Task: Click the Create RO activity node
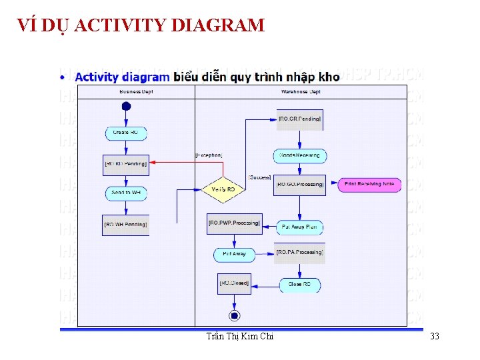point(125,133)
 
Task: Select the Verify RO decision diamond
point(223,190)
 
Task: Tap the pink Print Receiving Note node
point(369,184)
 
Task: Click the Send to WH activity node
point(126,193)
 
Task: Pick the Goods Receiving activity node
point(300,155)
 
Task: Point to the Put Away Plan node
point(299,227)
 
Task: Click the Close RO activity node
point(299,285)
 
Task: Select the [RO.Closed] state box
point(234,284)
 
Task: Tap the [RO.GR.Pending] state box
point(300,119)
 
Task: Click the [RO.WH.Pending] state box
point(126,225)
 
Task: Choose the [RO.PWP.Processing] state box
point(234,223)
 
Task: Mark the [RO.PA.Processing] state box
point(300,253)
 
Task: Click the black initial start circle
point(126,107)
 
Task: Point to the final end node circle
point(234,315)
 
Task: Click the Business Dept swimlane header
point(136,91)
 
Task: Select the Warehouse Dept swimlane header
point(301,91)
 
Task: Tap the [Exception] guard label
point(208,155)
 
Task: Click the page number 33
point(435,337)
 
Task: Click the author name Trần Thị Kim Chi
point(241,337)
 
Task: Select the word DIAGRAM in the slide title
point(218,26)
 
